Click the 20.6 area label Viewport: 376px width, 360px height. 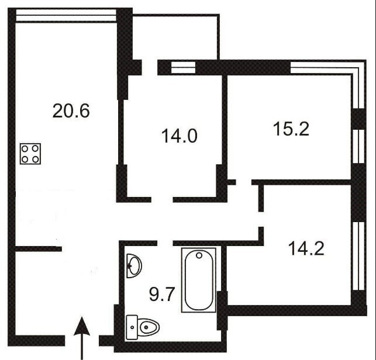coord(71,110)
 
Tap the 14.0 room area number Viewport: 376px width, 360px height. coord(180,136)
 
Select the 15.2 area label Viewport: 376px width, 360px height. coord(291,129)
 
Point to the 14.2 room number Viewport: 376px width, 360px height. coord(306,248)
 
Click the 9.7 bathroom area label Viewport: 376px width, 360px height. coord(161,295)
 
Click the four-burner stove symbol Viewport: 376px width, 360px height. coord(30,154)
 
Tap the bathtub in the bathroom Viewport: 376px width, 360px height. coord(199,280)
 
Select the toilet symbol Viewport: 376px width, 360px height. coord(143,327)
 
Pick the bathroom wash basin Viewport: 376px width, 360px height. coord(134,265)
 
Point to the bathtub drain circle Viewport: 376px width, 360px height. coord(199,255)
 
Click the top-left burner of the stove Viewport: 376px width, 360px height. coord(25,149)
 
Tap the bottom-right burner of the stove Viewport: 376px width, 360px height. coord(36,159)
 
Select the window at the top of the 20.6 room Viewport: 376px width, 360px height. coord(66,16)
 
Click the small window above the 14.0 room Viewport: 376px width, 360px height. coord(183,67)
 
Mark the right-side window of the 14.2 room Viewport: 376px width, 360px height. coord(358,256)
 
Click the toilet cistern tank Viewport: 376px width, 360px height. coord(132,327)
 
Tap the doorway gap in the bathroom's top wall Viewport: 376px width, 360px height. coord(165,243)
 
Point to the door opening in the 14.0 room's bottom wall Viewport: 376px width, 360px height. coord(162,199)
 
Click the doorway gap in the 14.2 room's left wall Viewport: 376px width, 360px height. coord(261,219)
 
